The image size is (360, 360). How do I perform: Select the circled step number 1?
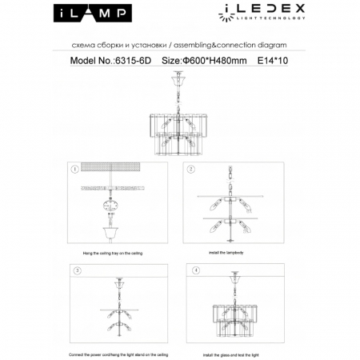pos(74,169)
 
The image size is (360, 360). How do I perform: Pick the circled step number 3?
pos(77,271)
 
